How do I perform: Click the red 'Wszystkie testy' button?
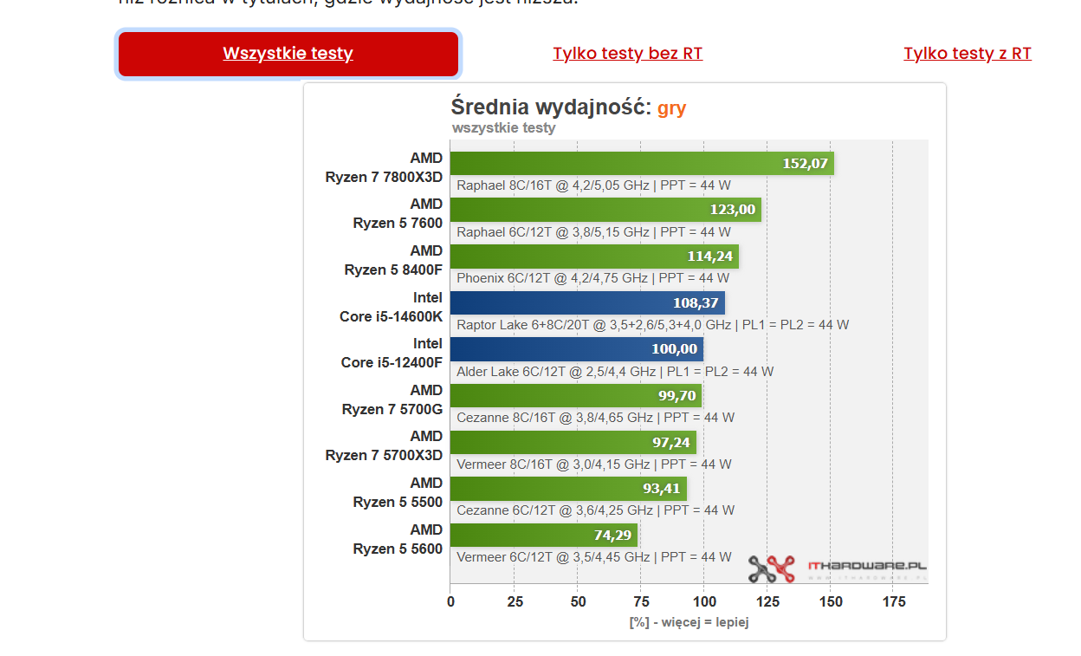coord(288,54)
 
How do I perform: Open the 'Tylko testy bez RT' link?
coord(627,54)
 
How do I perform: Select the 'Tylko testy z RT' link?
coord(967,54)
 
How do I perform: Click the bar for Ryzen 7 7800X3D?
coord(641,163)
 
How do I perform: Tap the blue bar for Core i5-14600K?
coord(586,302)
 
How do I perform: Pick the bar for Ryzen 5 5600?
coord(543,535)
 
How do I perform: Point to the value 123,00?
coord(732,210)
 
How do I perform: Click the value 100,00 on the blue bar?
coord(674,349)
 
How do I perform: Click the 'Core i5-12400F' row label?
coord(391,362)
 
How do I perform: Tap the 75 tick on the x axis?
coord(641,601)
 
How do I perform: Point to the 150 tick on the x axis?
coord(831,601)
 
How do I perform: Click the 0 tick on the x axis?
coord(450,601)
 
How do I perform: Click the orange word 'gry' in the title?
coord(671,108)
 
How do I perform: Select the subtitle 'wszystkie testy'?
coord(503,128)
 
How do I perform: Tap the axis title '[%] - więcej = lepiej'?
coord(689,622)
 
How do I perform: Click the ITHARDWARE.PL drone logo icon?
coord(771,568)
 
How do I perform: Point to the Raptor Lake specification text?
coord(652,325)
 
